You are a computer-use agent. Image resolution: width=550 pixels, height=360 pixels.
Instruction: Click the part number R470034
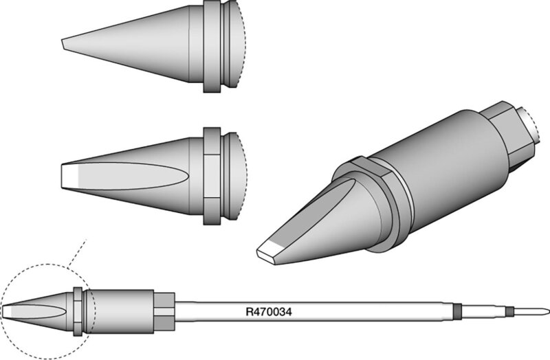(269, 312)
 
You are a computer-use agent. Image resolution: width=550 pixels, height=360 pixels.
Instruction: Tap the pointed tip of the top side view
(63, 45)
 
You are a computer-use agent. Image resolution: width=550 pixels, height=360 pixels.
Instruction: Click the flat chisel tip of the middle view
(69, 177)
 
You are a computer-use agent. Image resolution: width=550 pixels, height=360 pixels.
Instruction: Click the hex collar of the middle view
(212, 176)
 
